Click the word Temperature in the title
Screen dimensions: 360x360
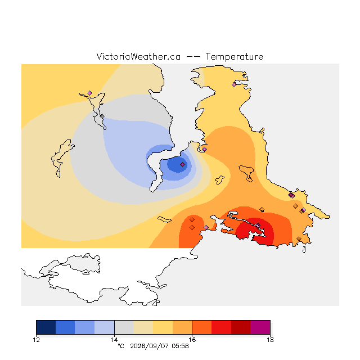point(234,57)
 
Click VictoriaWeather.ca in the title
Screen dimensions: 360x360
point(138,56)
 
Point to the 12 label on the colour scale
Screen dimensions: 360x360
point(36,340)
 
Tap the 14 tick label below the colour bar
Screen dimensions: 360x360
point(114,340)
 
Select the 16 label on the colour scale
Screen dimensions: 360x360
point(192,340)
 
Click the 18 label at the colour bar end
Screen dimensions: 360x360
point(270,340)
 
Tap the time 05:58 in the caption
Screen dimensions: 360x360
point(180,346)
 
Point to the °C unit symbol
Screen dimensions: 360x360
point(121,346)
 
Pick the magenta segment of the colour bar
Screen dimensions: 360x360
point(260,327)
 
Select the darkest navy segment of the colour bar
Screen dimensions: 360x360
point(46,327)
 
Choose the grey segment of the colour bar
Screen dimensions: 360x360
point(124,327)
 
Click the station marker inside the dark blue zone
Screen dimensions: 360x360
point(182,164)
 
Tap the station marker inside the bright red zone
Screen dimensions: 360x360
point(258,225)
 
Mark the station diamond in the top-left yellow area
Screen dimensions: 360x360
point(90,93)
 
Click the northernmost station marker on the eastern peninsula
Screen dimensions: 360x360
point(234,84)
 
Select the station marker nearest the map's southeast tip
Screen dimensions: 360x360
point(299,238)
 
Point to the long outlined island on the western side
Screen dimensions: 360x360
point(61,158)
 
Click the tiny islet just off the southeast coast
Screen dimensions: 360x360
point(304,250)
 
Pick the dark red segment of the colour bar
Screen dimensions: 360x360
point(241,327)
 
